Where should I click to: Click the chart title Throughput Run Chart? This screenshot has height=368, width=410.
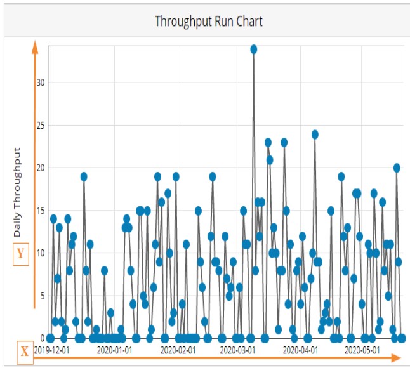pos(208,21)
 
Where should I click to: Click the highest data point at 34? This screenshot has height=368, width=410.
pos(253,49)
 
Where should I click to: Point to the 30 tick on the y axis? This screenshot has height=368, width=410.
pos(41,82)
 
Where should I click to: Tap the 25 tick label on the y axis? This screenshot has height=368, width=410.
pos(41,125)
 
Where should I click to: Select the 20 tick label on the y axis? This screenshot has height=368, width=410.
pos(41,168)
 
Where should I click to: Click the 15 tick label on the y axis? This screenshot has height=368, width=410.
pos(41,210)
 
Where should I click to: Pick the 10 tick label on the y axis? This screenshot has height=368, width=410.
pos(41,253)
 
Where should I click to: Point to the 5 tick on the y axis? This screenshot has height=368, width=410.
pos(43,295)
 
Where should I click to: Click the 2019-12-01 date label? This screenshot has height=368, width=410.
pos(52,349)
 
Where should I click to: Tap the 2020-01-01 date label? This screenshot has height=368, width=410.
pos(114,349)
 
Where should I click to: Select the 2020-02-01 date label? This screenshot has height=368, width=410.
pos(178,349)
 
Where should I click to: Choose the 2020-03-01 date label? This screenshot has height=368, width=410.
pos(237,349)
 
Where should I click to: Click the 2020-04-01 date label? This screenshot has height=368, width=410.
pos(300,349)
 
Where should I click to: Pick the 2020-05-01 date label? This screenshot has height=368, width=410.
pos(362,349)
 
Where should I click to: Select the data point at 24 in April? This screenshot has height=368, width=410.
pos(315,134)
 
